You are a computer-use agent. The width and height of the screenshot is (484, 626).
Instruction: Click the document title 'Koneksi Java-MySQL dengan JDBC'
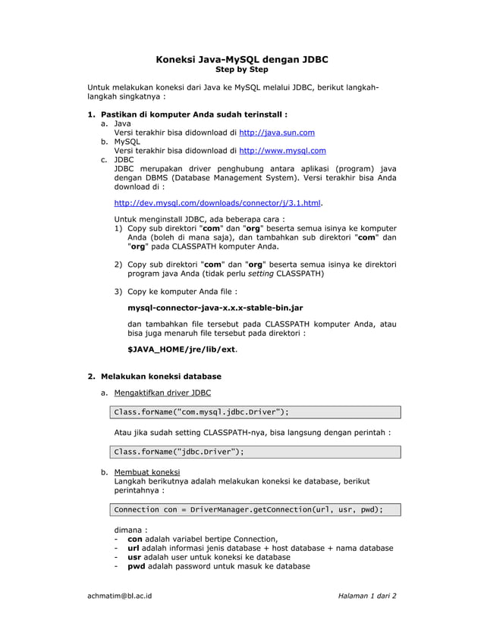pyautogui.click(x=242, y=58)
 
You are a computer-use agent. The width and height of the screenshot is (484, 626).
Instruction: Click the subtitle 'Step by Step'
pyautogui.click(x=242, y=70)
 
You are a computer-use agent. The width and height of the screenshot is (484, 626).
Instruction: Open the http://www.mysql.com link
pyautogui.click(x=283, y=150)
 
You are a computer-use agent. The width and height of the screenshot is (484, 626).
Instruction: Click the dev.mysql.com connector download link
pyautogui.click(x=217, y=203)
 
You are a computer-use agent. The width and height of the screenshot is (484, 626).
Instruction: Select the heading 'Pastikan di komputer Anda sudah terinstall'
pyautogui.click(x=193, y=114)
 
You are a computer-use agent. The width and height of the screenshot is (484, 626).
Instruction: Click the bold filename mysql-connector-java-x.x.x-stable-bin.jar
pyautogui.click(x=215, y=308)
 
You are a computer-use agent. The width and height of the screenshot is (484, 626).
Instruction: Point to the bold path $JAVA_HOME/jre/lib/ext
pyautogui.click(x=181, y=350)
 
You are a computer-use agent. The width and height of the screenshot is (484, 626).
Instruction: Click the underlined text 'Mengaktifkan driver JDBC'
pyautogui.click(x=162, y=393)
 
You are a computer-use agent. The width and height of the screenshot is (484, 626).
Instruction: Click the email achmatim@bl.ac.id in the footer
pyautogui.click(x=120, y=596)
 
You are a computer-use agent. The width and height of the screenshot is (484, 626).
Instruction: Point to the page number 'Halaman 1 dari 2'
pyautogui.click(x=367, y=596)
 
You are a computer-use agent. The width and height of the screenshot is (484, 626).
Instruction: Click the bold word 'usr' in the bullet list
pyautogui.click(x=134, y=557)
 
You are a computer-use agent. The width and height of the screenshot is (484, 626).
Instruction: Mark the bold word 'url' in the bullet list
pyautogui.click(x=134, y=548)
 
